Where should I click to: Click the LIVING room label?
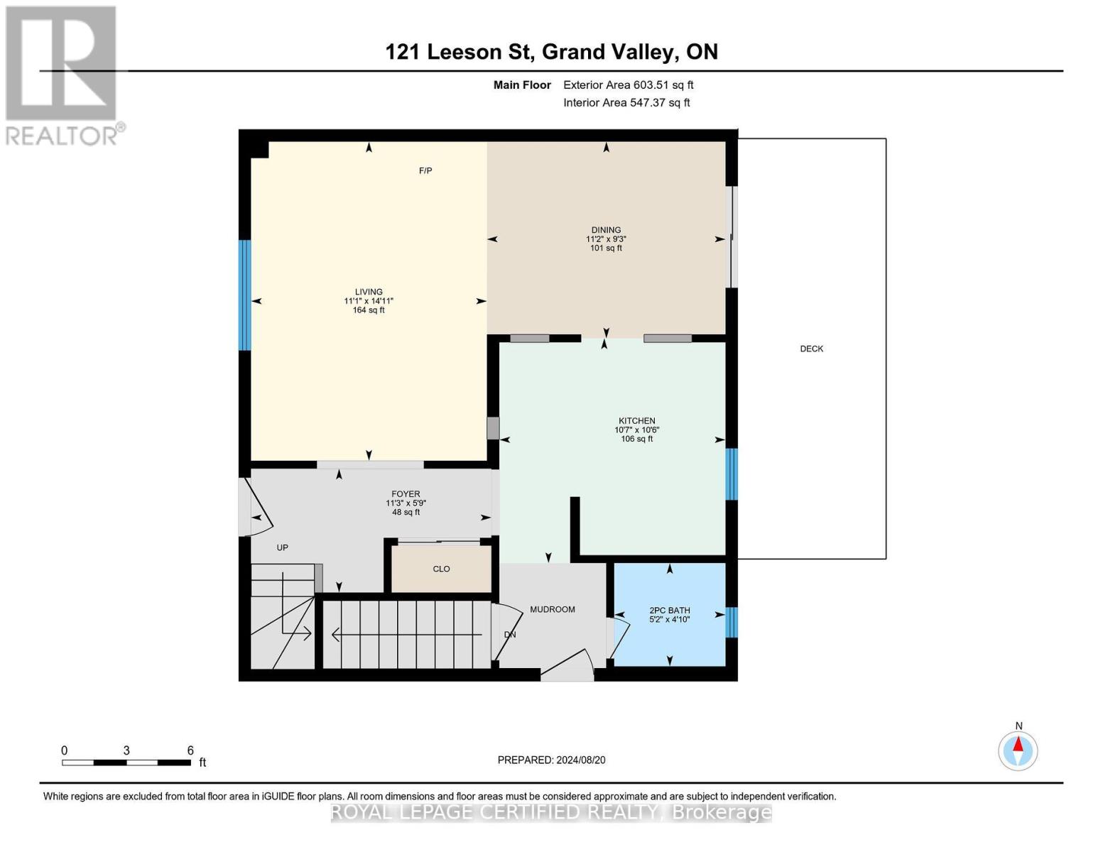[369, 292]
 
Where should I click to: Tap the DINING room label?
[606, 230]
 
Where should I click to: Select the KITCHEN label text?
[636, 420]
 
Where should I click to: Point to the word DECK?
[811, 349]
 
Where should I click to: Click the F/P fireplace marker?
[425, 170]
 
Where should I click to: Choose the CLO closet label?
[441, 569]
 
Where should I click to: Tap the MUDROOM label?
[553, 609]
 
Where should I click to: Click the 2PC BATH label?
[670, 611]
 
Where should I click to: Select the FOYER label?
[406, 493]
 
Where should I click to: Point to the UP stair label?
[282, 547]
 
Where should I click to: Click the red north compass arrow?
[1018, 744]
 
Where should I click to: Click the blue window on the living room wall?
[244, 295]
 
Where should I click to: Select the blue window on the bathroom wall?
[731, 622]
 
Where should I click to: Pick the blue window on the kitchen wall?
[731, 474]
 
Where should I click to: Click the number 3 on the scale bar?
[126, 750]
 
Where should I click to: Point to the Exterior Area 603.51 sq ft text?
[628, 85]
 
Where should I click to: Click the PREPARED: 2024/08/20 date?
[551, 760]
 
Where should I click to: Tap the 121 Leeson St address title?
[460, 52]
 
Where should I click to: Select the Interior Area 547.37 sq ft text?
[626, 103]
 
